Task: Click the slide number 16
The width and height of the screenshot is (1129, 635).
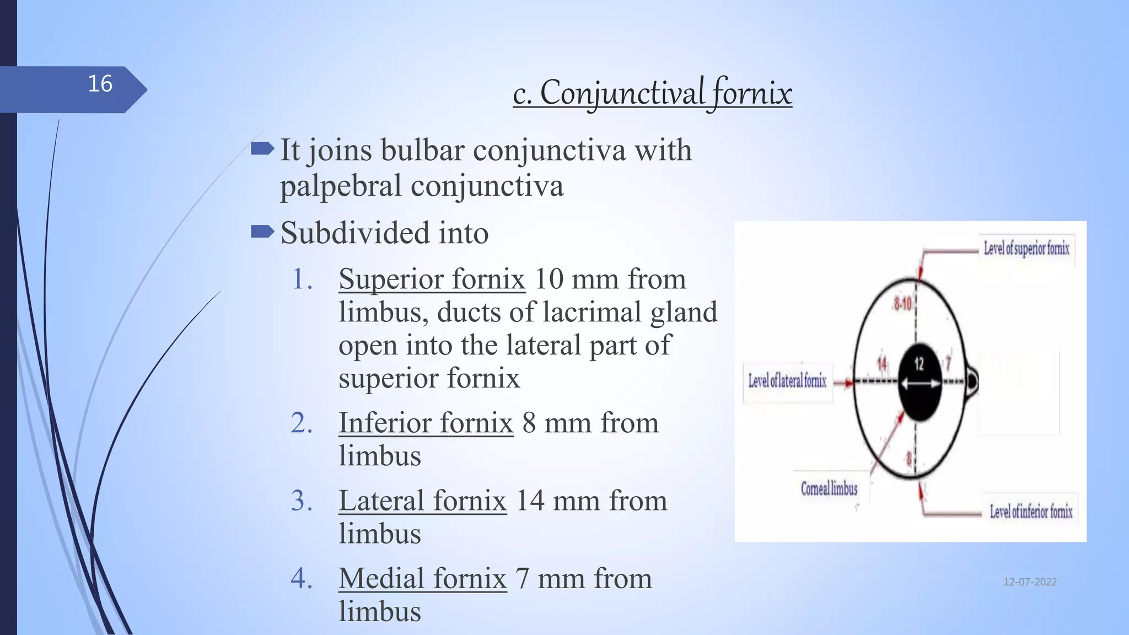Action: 100,84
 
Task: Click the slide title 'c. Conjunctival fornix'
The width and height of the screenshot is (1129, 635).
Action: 652,93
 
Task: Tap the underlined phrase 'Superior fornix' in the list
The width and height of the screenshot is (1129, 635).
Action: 432,279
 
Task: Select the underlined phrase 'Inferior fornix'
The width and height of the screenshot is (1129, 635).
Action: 426,423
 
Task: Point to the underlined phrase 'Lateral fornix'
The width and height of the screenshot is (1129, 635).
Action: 422,501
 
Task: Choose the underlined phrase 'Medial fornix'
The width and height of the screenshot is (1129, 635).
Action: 422,578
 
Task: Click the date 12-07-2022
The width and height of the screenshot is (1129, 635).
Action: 1030,582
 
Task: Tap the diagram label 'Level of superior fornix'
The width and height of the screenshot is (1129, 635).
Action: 1026,249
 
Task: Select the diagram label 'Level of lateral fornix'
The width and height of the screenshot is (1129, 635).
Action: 787,380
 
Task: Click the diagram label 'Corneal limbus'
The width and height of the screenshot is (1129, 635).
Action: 829,489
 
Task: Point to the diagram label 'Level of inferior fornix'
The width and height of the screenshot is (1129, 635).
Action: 1031,512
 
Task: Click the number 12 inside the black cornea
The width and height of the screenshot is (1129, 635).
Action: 919,364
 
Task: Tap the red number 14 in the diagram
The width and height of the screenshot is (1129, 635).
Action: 882,364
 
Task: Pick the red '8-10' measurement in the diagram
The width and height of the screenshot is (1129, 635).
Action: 903,304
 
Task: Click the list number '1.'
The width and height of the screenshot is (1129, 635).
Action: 302,279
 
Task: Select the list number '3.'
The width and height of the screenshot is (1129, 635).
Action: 302,501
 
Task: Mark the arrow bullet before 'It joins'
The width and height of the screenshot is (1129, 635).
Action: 262,148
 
